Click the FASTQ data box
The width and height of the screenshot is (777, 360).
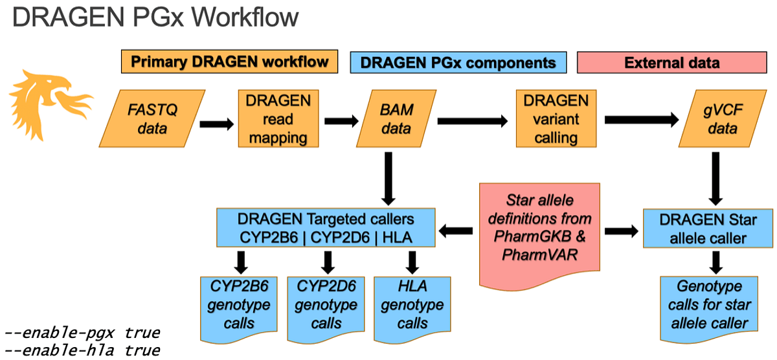152,118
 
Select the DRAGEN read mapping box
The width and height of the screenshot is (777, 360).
278,118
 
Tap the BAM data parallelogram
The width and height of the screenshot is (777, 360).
396,118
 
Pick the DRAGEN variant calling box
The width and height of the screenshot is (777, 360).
556,118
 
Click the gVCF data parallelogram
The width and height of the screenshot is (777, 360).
723,118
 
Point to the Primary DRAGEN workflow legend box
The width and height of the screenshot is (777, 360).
229,62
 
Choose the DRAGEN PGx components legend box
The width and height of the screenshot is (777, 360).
458,62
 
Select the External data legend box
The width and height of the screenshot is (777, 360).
672,62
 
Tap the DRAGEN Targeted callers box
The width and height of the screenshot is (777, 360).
326,228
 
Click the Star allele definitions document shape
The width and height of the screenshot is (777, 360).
539,236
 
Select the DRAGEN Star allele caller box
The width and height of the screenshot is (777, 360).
708,228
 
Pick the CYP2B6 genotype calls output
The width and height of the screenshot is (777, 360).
239,309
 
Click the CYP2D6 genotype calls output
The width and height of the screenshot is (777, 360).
326,309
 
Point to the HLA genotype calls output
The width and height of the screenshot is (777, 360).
412,309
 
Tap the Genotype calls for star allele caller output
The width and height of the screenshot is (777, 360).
709,309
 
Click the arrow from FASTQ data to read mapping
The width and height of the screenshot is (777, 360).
217,124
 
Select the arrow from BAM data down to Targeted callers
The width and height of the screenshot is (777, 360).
388,179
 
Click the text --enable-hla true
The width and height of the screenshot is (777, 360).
82,350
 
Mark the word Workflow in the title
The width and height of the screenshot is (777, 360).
245,17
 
